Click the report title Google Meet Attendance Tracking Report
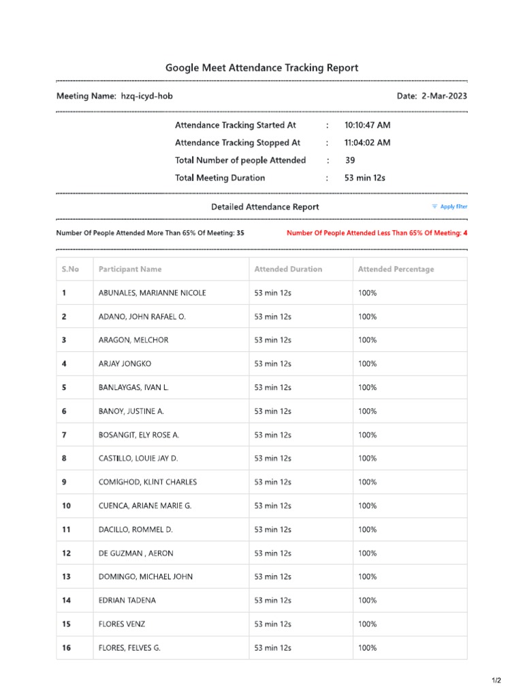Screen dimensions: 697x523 261,68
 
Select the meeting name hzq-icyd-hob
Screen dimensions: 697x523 146,97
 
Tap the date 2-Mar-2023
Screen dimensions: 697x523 444,97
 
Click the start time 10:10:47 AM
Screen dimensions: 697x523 367,125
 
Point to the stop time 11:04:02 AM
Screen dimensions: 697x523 367,143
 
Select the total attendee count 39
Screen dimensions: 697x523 350,161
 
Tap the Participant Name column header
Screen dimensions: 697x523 130,270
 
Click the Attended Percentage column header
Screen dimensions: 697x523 396,270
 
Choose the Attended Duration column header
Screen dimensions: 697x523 288,270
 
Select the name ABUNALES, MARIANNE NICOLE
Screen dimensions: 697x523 152,293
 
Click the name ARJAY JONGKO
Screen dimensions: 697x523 125,364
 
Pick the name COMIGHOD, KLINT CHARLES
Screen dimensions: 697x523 148,483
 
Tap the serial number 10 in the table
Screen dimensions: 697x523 66,506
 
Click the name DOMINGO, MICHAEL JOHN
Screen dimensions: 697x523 146,577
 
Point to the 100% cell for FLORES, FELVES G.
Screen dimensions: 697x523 368,648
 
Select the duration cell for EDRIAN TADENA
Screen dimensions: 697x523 272,600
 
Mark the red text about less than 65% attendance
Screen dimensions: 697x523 377,233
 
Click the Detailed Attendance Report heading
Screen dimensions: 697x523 265,207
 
